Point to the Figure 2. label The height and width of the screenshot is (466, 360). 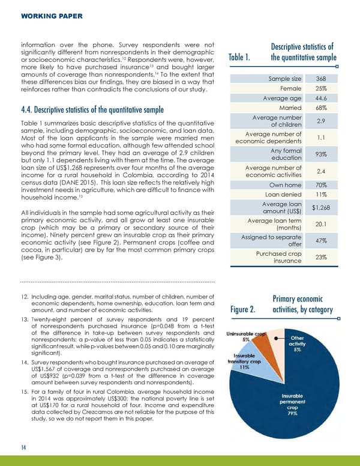tap(244, 310)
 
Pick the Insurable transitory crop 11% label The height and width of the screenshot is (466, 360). tap(244, 363)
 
